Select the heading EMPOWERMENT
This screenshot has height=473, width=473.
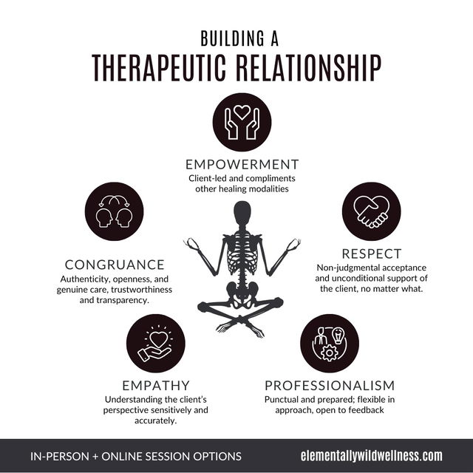242,164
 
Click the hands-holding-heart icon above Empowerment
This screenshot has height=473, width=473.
242,121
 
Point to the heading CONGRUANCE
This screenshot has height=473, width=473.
114,265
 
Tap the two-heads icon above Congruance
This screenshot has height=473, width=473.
114,213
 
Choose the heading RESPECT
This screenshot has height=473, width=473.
371,254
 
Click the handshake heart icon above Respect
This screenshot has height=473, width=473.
371,211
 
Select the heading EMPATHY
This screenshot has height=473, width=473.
156,386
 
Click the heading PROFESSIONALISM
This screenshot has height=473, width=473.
330,386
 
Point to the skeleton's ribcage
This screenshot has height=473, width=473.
242,255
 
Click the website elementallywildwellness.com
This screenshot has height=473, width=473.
371,455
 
